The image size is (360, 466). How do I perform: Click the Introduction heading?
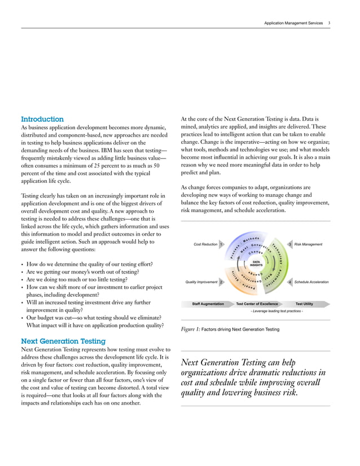click(42, 120)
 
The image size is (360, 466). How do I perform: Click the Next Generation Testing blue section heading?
click(63, 341)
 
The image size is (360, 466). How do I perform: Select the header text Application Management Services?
click(293, 23)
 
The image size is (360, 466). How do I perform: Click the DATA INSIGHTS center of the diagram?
click(256, 263)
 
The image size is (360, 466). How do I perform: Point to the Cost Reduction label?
click(205, 244)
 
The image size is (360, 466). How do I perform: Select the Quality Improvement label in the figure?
click(201, 282)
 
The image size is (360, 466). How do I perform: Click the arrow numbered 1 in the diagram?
click(221, 244)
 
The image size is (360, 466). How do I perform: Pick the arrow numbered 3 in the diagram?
click(289, 244)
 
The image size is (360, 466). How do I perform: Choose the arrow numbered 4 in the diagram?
click(289, 282)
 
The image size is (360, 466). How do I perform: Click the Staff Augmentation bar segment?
click(208, 304)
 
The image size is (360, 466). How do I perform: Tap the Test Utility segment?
click(304, 304)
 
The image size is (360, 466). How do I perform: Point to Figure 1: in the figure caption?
click(190, 329)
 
